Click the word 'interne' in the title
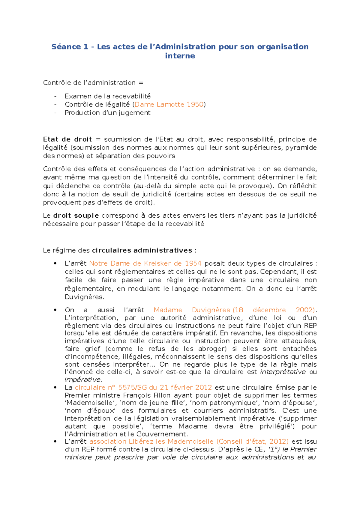180,56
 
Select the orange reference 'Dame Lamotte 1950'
169,105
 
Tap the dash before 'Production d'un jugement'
55,113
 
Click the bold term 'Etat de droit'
67,139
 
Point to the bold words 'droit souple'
76,216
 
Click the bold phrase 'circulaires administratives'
142,250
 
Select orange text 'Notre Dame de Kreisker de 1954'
145,263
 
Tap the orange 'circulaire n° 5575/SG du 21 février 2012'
143,388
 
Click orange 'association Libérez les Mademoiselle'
151,442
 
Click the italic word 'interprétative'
283,372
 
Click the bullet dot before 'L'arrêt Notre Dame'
55,264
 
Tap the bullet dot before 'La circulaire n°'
55,388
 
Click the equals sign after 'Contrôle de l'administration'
141,83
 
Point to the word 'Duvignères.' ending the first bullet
84,297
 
